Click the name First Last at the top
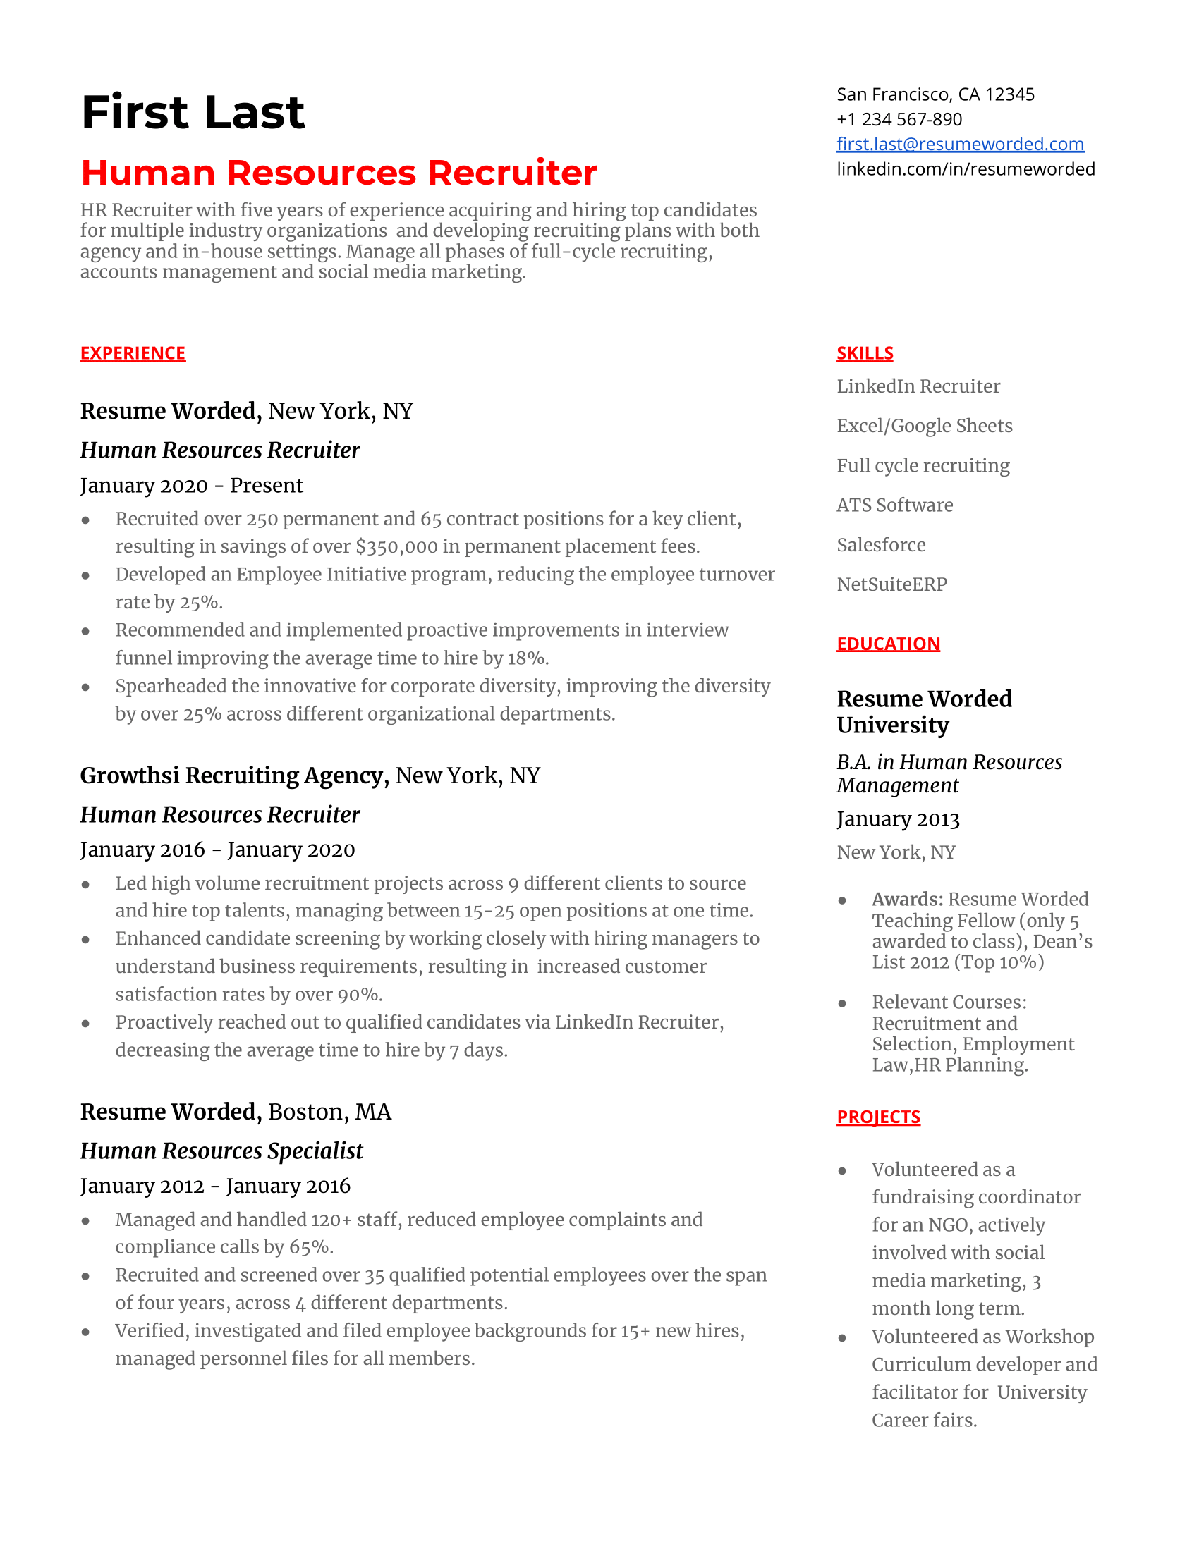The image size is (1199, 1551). (x=193, y=112)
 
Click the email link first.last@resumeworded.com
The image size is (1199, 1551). (x=960, y=144)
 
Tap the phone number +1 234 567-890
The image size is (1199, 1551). (x=899, y=119)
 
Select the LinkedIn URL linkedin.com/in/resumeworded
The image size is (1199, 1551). (x=966, y=169)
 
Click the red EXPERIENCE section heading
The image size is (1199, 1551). (x=133, y=353)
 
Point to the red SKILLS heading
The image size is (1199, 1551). (x=865, y=353)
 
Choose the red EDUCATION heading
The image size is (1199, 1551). (x=888, y=644)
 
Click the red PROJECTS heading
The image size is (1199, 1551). (x=878, y=1117)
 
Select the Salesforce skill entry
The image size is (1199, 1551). (x=881, y=545)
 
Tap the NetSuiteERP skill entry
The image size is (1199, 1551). (x=891, y=584)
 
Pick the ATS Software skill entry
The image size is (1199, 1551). (x=894, y=505)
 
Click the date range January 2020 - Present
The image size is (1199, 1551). (x=191, y=485)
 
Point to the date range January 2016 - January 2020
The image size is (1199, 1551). (x=217, y=850)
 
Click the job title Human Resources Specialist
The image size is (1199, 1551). (x=221, y=1151)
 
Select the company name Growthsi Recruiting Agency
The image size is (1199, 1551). (x=234, y=775)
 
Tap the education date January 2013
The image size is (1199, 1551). (x=898, y=819)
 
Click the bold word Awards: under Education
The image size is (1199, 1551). (x=907, y=899)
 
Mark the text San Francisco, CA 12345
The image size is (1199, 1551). (x=935, y=94)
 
